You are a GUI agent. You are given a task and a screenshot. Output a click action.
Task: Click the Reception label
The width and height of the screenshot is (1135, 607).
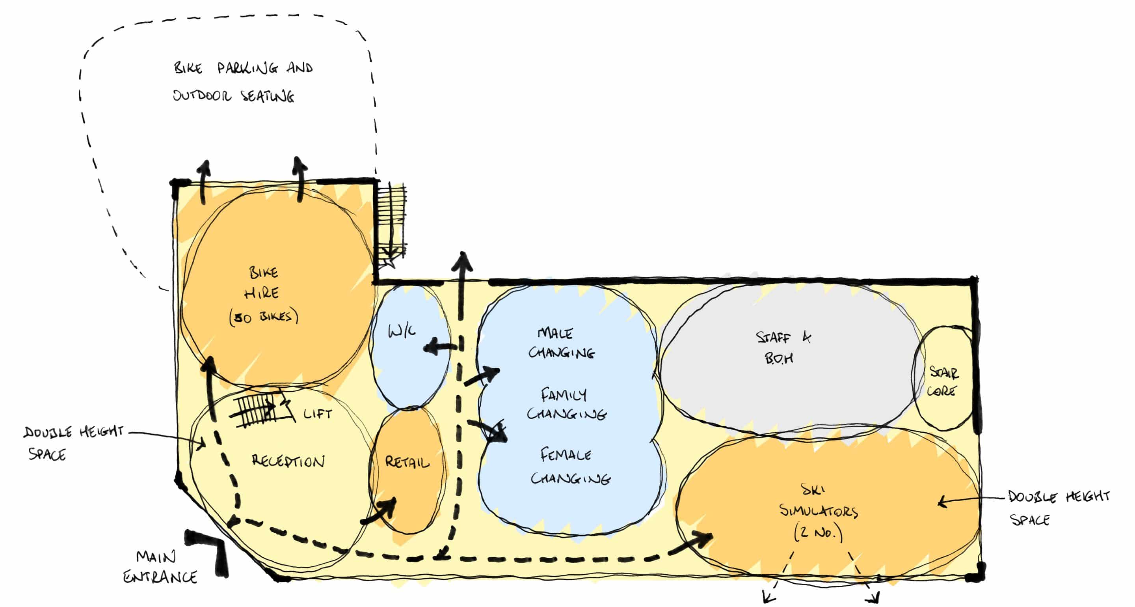pos(288,461)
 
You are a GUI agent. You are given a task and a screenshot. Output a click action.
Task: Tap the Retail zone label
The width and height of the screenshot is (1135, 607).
pos(407,462)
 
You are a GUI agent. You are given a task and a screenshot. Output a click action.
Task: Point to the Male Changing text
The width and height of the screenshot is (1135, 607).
pos(561,342)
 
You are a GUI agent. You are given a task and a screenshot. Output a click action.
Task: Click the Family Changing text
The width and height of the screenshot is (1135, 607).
pos(567,403)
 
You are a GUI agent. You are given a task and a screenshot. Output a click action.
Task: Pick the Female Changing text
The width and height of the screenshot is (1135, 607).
pos(570,466)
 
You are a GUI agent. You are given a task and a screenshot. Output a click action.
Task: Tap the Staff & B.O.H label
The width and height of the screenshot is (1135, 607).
pos(783,348)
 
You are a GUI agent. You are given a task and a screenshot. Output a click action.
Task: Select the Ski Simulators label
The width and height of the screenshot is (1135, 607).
pos(818,511)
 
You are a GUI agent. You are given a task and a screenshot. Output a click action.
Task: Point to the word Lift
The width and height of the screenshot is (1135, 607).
pos(317,413)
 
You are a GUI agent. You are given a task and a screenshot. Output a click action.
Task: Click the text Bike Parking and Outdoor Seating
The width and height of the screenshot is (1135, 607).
pos(242,82)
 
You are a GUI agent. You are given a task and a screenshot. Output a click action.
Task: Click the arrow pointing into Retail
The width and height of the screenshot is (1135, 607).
pos(379,511)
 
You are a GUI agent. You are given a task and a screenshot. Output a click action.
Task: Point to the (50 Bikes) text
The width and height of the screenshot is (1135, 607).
pos(264,316)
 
